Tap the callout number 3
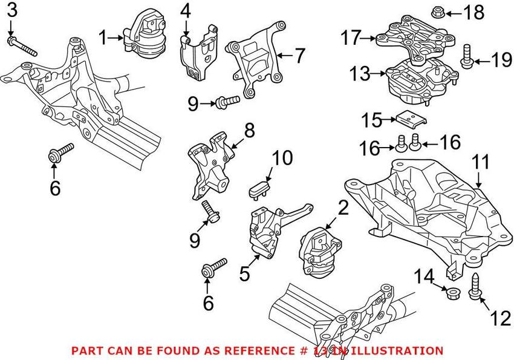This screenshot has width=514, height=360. click(x=13, y=10)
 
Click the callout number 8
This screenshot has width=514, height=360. click(x=249, y=130)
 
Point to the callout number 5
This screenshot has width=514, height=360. click(x=244, y=274)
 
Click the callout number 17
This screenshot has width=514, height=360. click(x=351, y=38)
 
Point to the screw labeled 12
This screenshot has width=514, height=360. click(x=474, y=286)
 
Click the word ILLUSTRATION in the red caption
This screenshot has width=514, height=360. click(x=400, y=350)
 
